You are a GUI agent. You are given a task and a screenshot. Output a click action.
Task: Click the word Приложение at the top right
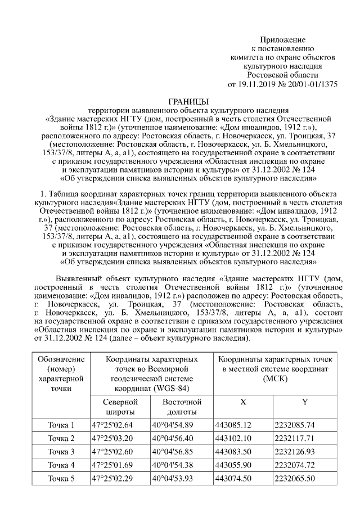pos(282,40)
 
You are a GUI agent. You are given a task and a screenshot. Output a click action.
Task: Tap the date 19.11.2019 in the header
pos(258,85)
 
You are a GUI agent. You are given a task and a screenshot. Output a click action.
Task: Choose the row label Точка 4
pos(61,465)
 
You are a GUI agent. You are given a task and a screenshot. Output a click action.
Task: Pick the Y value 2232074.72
pos(295,465)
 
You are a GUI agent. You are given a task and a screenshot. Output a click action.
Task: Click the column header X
pos(242,402)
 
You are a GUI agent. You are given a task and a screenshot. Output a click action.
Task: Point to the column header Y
pos(304,402)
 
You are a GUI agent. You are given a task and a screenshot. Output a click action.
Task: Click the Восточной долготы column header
pos(182,407)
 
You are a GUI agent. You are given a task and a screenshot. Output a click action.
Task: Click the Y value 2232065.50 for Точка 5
pos(295,478)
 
